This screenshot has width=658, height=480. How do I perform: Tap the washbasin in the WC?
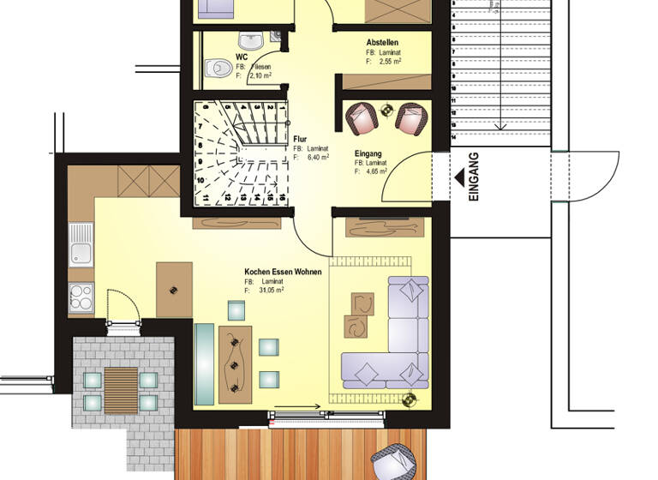coord(249,40)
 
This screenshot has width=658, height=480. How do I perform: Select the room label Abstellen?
coord(382,42)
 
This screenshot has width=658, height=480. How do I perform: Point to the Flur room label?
coord(300,138)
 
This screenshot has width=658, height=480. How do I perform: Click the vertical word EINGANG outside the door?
coord(475,177)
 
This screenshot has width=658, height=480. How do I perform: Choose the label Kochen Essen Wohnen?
coord(283,272)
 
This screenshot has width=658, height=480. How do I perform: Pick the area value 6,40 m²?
coord(319,157)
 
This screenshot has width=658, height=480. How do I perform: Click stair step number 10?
coord(200,181)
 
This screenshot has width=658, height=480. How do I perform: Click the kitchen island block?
coord(174,290)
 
